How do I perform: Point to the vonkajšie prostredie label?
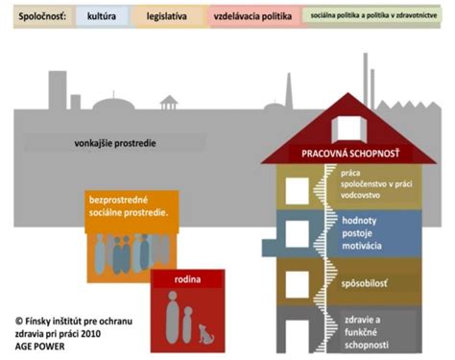click(114, 144)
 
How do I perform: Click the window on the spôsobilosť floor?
click(298, 281)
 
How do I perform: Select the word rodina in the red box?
click(187, 279)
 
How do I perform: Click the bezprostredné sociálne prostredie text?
click(129, 205)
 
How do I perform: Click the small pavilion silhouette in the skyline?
click(170, 103)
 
